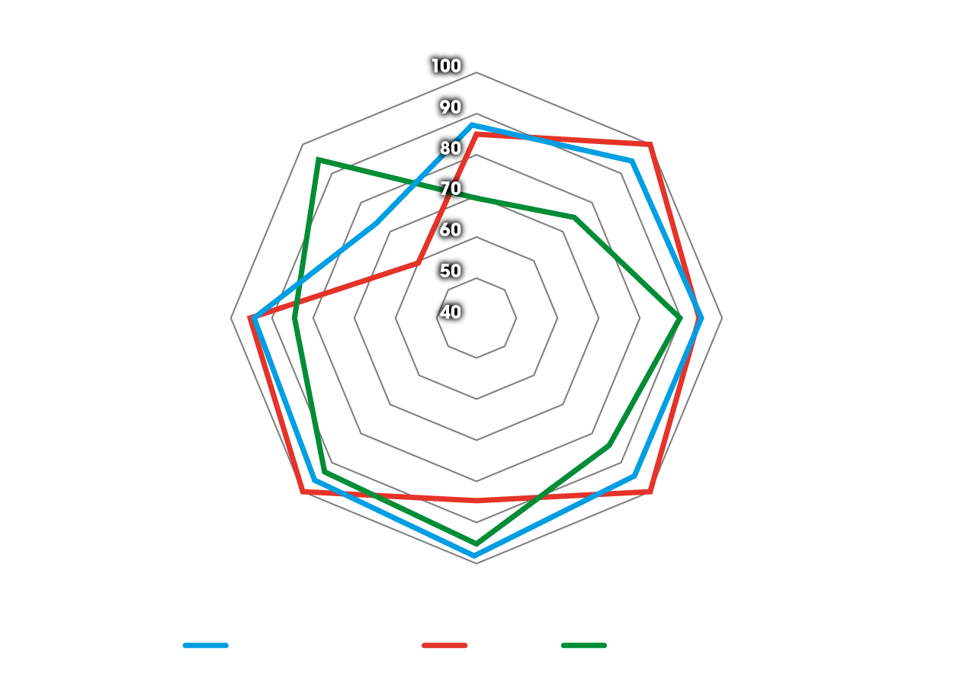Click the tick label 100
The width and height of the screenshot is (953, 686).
coord(446,66)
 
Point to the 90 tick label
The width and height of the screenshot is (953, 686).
coord(449,107)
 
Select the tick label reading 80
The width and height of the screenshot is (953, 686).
coord(449,148)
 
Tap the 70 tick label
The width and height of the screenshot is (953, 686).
coord(449,189)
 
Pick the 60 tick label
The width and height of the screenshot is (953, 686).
coord(449,230)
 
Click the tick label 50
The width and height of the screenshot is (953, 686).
coord(449,271)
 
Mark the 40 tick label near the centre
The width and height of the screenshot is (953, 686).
coord(449,313)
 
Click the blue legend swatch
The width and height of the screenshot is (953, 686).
coord(206,646)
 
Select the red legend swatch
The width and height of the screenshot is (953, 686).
coord(444,646)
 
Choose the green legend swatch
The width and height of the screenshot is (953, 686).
coord(584,646)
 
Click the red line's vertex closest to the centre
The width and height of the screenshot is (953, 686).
coord(418,263)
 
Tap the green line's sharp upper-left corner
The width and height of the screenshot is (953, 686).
coord(318,159)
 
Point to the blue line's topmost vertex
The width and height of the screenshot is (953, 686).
coord(473,124)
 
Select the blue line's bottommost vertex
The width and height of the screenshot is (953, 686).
coord(476,556)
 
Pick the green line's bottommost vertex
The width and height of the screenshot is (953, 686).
coord(476,543)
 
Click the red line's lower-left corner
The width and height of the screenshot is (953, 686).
coord(303,492)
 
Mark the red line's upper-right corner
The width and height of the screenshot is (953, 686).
coord(650,144)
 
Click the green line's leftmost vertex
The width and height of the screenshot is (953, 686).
coord(294,319)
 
